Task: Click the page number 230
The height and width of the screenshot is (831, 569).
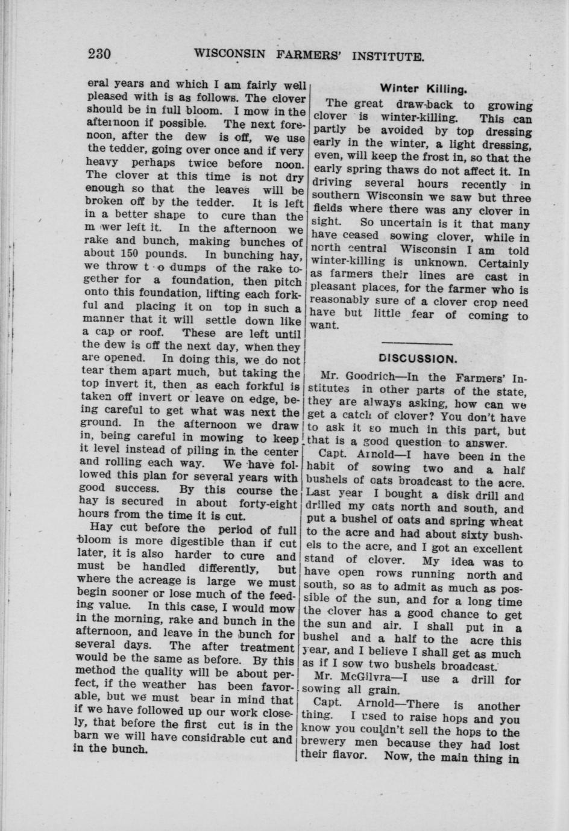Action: pos(99,55)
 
